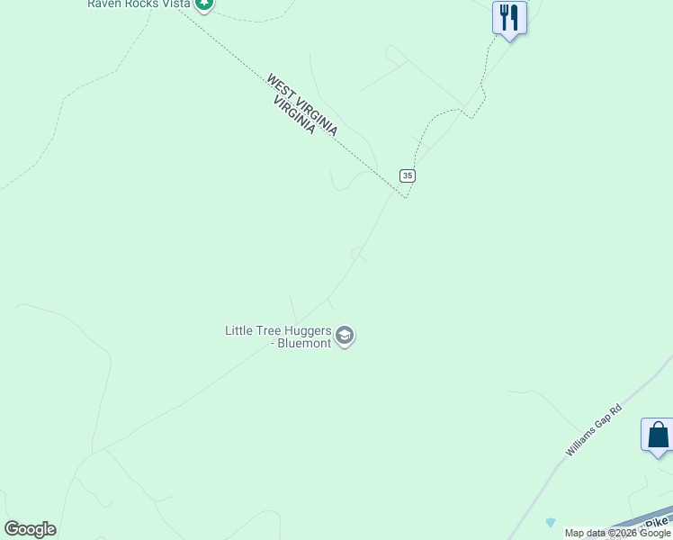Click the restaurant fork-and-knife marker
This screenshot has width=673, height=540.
click(509, 18)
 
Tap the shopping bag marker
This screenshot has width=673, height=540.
click(658, 436)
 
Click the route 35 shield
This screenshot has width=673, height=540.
click(408, 175)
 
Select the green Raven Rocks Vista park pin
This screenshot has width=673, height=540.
click(205, 4)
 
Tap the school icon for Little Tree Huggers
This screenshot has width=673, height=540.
click(344, 337)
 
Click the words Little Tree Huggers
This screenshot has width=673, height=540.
click(278, 331)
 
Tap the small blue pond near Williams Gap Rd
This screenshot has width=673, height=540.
click(551, 522)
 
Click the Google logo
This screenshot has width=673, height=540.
click(30, 529)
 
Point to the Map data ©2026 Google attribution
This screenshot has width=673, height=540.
click(617, 533)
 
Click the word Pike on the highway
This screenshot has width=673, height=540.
click(660, 521)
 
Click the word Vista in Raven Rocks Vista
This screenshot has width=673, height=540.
click(176, 4)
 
